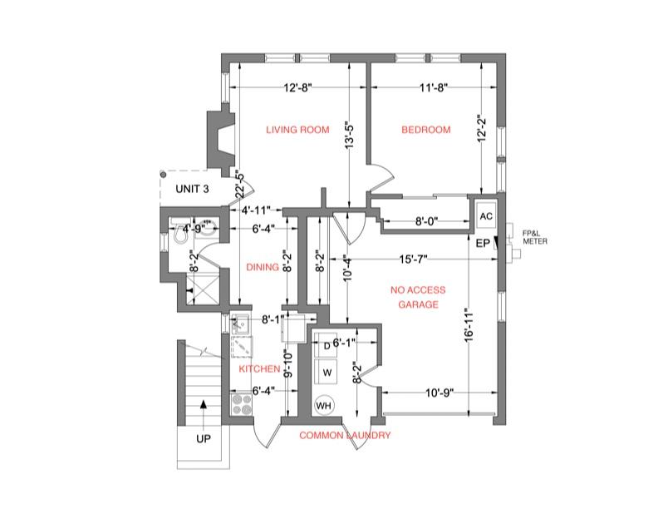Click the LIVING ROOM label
297,130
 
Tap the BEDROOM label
425,130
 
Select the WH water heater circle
324,405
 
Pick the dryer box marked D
327,346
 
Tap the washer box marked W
327,371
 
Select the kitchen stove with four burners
241,403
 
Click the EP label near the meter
483,244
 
